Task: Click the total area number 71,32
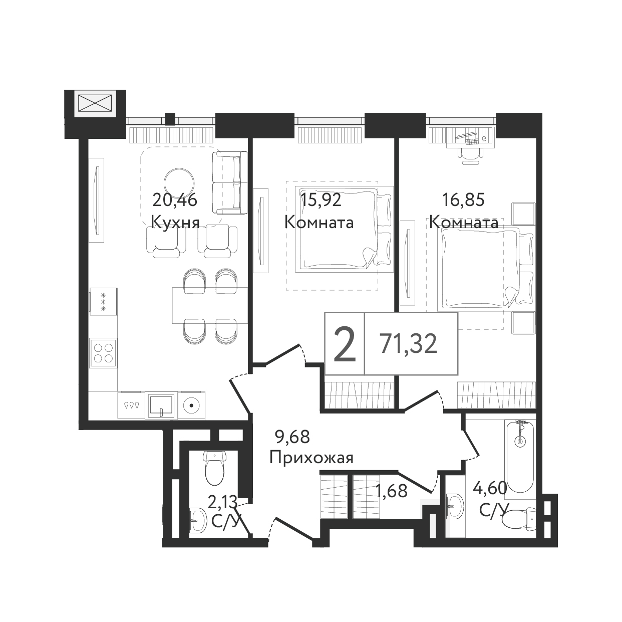pyautogui.click(x=408, y=343)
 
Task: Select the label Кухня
pyautogui.click(x=175, y=223)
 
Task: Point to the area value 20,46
pyautogui.click(x=175, y=200)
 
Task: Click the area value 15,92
pyautogui.click(x=321, y=200)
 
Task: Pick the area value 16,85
pyautogui.click(x=463, y=200)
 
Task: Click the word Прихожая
pyautogui.click(x=312, y=458)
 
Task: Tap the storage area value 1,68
pyautogui.click(x=392, y=491)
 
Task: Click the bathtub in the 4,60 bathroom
pyautogui.click(x=519, y=457)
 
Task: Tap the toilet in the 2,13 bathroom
pyautogui.click(x=214, y=468)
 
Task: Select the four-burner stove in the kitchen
pyautogui.click(x=103, y=352)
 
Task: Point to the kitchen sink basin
pyautogui.click(x=161, y=405)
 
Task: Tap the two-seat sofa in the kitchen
pyautogui.click(x=229, y=183)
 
